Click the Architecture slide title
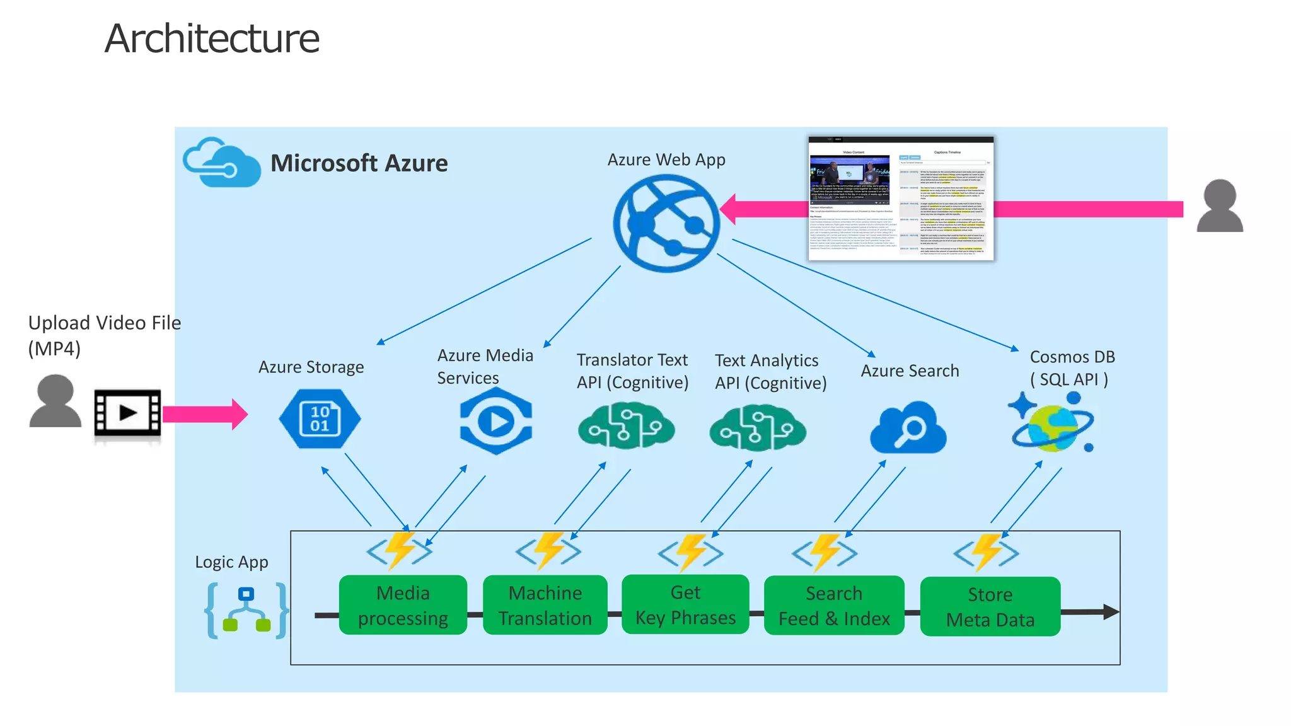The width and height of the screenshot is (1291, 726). tap(212, 39)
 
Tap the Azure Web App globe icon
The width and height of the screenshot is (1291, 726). tap(666, 223)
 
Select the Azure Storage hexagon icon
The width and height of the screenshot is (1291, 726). tap(320, 418)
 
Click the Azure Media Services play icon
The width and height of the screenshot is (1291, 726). tap(496, 421)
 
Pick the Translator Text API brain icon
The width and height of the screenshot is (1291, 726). tap(626, 427)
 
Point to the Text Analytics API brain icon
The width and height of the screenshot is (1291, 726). tap(757, 428)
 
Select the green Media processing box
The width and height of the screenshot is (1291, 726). tap(403, 605)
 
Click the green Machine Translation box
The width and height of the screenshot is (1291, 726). tap(545, 605)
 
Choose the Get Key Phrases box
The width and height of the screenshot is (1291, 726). tap(685, 604)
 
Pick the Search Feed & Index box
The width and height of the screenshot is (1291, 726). tap(834, 605)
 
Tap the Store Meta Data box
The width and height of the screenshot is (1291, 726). tap(990, 606)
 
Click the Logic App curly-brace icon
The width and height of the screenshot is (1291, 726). tap(246, 611)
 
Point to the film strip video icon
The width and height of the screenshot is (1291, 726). tap(127, 413)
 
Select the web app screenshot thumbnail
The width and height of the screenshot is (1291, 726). tap(901, 198)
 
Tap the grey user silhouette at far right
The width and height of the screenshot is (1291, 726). tap(1220, 205)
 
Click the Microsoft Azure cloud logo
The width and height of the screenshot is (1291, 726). tap(222, 163)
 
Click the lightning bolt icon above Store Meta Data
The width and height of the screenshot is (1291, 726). tap(987, 553)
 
